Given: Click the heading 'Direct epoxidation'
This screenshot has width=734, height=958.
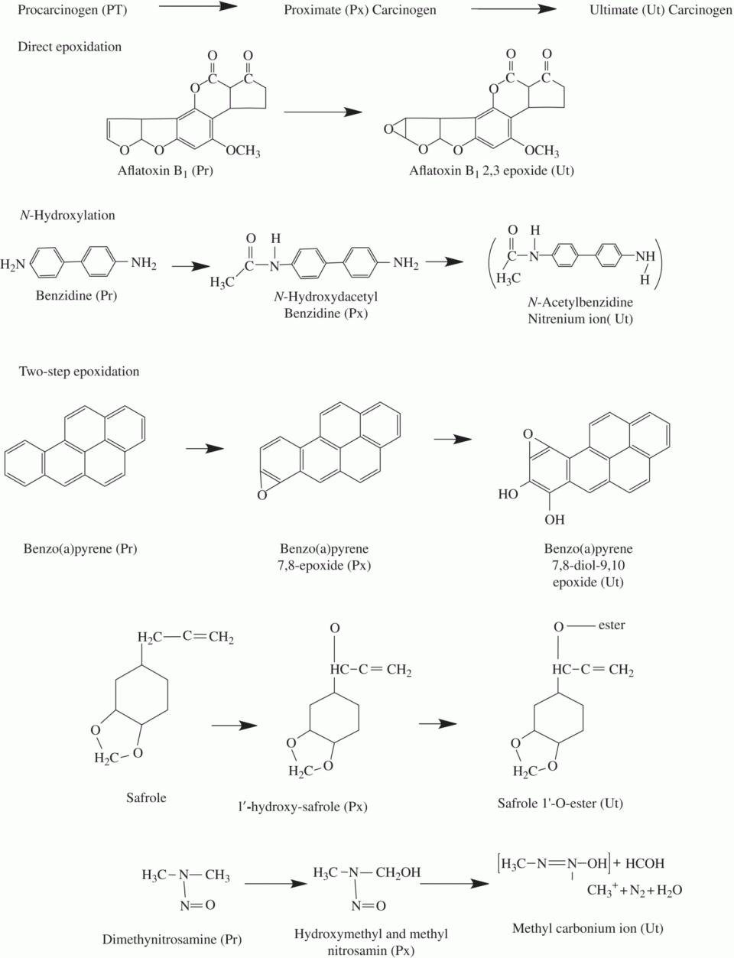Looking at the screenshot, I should coord(70,47).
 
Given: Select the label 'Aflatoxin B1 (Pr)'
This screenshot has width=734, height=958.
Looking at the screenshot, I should coord(165,171).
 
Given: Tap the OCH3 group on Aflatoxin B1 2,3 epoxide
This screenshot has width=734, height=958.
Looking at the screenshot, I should coord(542,152).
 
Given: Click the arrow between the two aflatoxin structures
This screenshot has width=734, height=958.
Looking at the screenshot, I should coord(322,112).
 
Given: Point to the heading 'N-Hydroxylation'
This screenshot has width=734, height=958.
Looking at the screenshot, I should coord(67,215).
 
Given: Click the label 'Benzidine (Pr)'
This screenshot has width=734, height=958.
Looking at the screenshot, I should coord(76,295).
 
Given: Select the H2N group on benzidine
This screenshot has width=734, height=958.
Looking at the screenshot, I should coord(13,265).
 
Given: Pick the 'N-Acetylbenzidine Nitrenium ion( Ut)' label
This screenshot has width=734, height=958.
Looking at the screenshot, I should coord(580,310).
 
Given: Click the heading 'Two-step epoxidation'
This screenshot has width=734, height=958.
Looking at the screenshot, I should coord(79,372).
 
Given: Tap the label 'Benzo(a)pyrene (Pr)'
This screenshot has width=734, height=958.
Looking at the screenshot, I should coord(80,549).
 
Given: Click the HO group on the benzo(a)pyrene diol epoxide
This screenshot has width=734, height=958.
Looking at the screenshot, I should coord(508,495).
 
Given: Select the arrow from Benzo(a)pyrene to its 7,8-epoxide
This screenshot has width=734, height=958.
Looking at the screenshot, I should coord(205,449).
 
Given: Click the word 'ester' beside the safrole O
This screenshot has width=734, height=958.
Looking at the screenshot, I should coord(612,625).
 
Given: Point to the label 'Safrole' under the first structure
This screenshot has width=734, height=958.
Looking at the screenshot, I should coord(146,797).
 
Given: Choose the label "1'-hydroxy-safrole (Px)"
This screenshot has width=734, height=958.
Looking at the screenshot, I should coord(302,806).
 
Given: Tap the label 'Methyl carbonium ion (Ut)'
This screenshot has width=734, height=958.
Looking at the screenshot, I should coord(587,928).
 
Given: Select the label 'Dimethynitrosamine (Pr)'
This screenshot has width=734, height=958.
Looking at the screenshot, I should coord(172,940).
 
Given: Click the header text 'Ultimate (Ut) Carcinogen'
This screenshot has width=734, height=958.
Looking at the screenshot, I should coord(661,11).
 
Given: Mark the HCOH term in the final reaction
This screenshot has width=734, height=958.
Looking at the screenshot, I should coord(645,864).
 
